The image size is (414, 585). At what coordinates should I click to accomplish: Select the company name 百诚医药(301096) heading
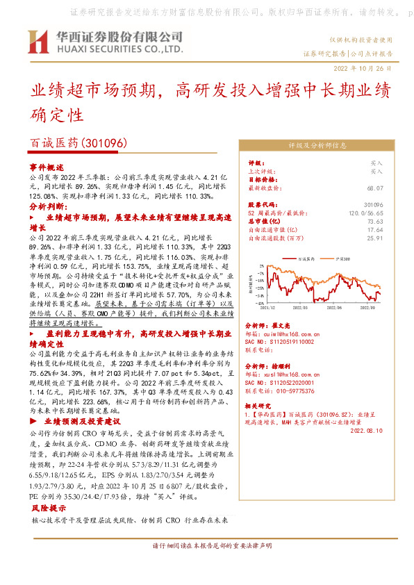(x=76, y=143)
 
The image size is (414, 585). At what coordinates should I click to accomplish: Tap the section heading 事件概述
(x=47, y=167)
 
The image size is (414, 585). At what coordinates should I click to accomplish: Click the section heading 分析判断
(x=47, y=206)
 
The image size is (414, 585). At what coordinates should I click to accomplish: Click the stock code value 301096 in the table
(x=374, y=205)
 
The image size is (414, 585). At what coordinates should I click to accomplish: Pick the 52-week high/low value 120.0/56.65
(x=367, y=213)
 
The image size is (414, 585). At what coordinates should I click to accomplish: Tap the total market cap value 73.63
(x=375, y=221)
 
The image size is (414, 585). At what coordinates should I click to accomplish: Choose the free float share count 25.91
(x=375, y=238)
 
